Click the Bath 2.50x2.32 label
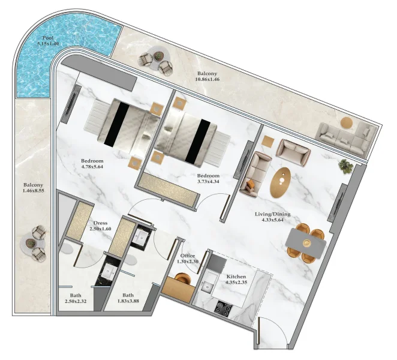tap(76, 295)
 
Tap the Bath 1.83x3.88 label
tap(128, 295)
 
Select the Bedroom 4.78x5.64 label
tap(93, 161)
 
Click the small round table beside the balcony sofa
tap(346, 122)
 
